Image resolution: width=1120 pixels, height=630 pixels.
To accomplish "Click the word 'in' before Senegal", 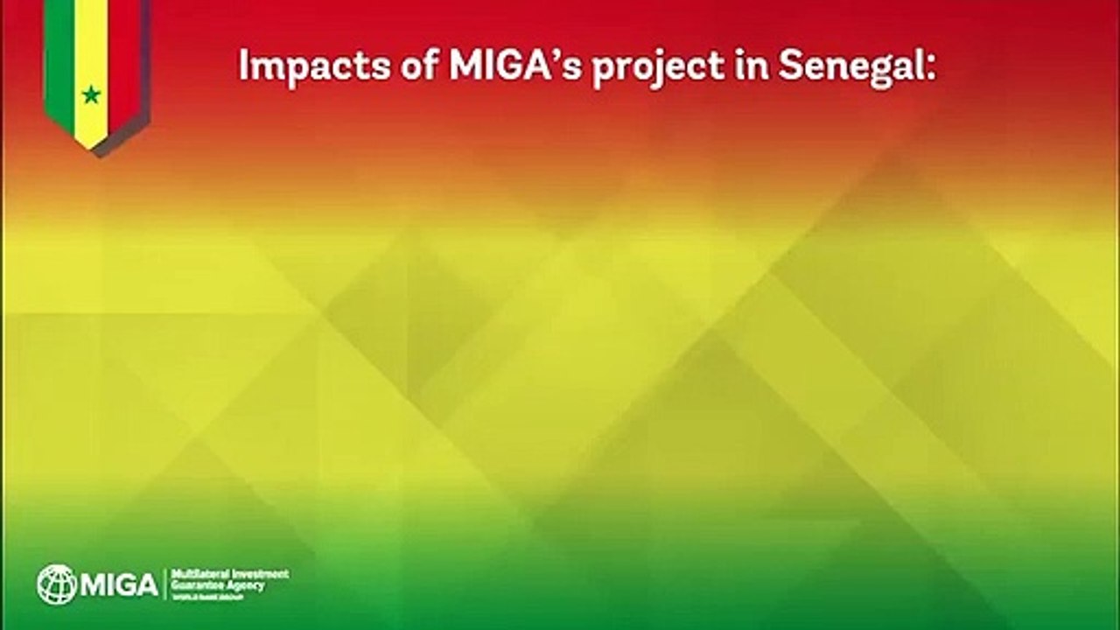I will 745,67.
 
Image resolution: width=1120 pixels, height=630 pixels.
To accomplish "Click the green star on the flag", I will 91,94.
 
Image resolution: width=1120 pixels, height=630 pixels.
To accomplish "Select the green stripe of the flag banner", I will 59,52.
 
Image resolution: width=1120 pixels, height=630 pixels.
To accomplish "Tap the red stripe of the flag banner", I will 123,52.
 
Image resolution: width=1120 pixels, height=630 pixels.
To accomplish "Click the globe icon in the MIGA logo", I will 56,584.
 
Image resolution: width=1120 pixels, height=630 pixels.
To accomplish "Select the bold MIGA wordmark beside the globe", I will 119,584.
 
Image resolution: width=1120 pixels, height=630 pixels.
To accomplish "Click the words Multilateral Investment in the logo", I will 231,573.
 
